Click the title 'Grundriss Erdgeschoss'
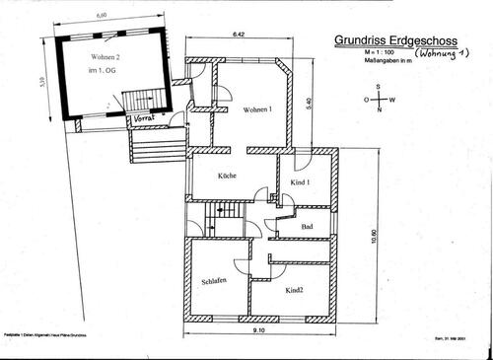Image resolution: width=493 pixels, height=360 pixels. [393, 41]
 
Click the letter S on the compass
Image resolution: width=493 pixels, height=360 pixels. [378, 89]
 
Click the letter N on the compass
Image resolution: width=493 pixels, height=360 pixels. [378, 110]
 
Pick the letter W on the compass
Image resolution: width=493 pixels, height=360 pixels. [391, 100]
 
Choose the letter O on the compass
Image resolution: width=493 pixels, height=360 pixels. [364, 100]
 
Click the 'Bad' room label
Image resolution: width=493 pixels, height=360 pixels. [307, 227]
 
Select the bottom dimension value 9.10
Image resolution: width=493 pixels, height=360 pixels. [259, 330]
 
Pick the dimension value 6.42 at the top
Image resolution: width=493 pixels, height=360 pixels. [238, 34]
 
